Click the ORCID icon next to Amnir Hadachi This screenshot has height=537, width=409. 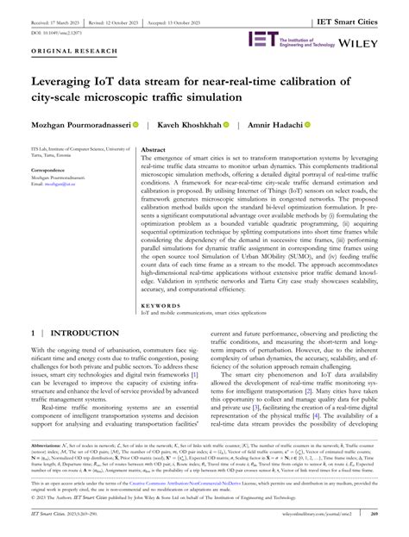pyautogui.click(x=306, y=125)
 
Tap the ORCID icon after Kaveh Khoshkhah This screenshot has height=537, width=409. pyautogui.click(x=226, y=125)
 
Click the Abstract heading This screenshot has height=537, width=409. pyautogui.click(x=153, y=149)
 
